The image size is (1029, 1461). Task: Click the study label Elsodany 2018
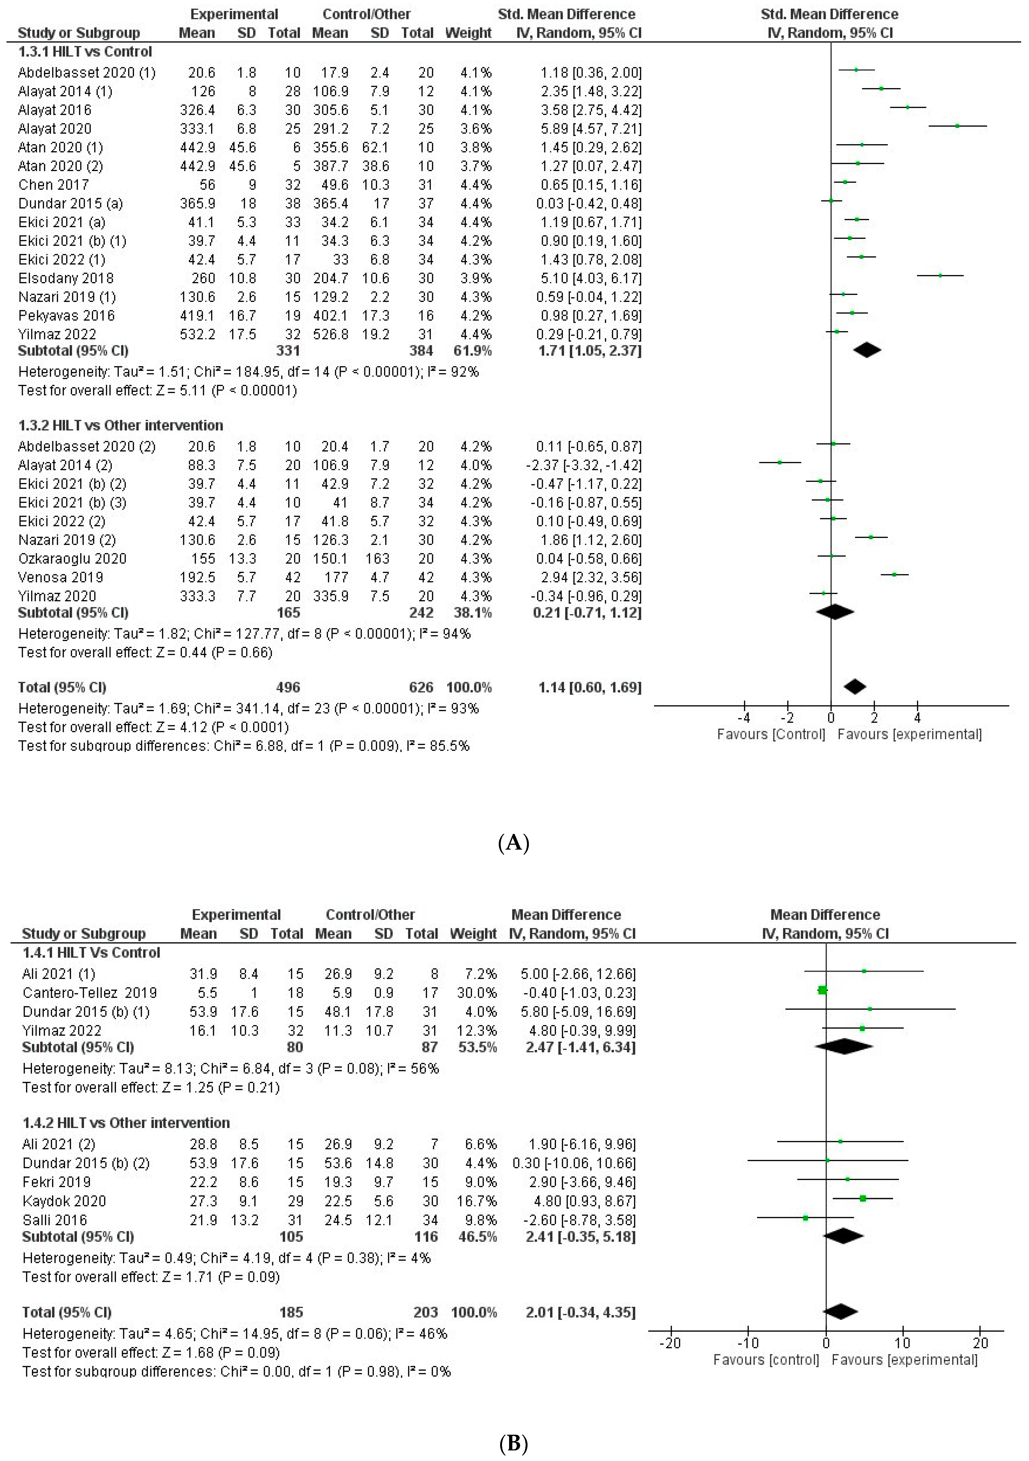[x=66, y=278]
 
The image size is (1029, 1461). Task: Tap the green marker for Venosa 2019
[x=894, y=575]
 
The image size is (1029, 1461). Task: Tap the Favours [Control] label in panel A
[x=771, y=734]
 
